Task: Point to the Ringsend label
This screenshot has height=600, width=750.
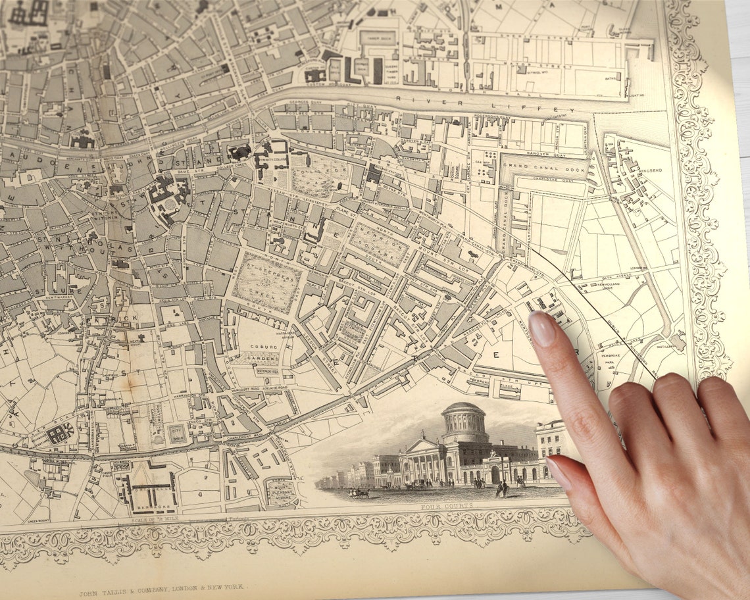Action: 652,170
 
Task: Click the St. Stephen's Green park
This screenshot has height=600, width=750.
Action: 267,282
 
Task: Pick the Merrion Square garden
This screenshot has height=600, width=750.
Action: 378,244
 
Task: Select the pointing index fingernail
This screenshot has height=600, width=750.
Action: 541,328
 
